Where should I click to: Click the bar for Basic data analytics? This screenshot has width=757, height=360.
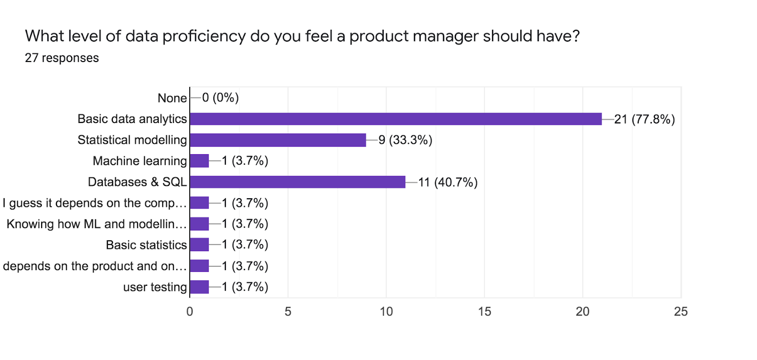tap(396, 119)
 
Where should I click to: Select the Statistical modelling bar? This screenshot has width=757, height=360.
tap(278, 140)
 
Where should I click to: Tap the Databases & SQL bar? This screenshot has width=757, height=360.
tap(298, 182)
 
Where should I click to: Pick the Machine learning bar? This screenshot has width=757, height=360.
tap(199, 161)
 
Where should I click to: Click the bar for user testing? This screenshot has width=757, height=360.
tap(199, 287)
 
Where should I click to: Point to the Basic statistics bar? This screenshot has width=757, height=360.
tap(199, 245)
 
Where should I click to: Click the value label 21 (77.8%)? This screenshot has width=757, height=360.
tap(644, 119)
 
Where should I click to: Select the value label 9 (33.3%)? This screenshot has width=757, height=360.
tap(405, 140)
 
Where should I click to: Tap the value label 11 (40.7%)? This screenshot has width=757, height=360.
tap(448, 182)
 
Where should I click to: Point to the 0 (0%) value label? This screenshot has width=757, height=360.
tap(220, 98)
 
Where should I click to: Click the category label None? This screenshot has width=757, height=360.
tap(172, 98)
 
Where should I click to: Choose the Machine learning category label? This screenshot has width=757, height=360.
tap(140, 161)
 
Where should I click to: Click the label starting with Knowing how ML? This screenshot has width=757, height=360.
tap(97, 224)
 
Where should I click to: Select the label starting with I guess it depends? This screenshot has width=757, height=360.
tap(95, 203)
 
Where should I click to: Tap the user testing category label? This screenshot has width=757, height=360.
tap(155, 287)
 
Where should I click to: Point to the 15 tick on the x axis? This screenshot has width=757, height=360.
tap(484, 311)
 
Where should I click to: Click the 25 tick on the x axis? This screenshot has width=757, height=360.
tap(681, 311)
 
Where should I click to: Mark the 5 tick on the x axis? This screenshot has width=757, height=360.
tap(288, 311)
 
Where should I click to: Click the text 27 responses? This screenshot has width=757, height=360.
tap(62, 58)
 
